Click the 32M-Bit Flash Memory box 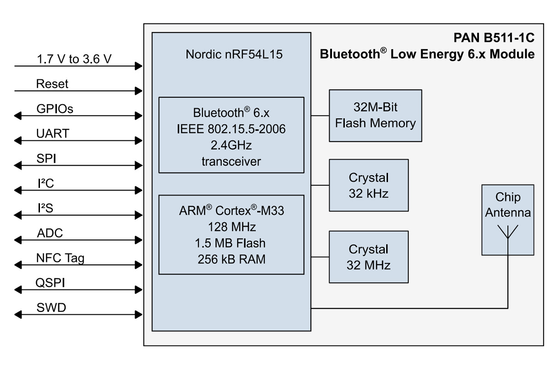pyautogui.click(x=376, y=116)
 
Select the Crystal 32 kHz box pyautogui.click(x=369, y=185)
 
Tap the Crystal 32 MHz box pyautogui.click(x=369, y=257)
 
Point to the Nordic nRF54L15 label pyautogui.click(x=234, y=54)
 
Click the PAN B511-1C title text pyautogui.click(x=494, y=38)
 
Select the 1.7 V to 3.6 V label pyautogui.click(x=74, y=59)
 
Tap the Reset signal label pyautogui.click(x=52, y=84)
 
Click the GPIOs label pyautogui.click(x=55, y=109)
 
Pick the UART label pyautogui.click(x=53, y=133)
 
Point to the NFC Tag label pyautogui.click(x=60, y=258)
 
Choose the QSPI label pyautogui.click(x=50, y=283)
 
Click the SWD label pyautogui.click(x=51, y=307)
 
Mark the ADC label pyautogui.click(x=50, y=233)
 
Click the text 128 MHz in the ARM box pyautogui.click(x=232, y=227)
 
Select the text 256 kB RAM pyautogui.click(x=231, y=259)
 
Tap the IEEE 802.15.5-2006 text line pyautogui.click(x=231, y=129)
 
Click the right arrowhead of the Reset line pyautogui.click(x=139, y=91)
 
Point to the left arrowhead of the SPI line pyautogui.click(x=18, y=166)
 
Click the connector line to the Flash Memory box pyautogui.click(x=320, y=116)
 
